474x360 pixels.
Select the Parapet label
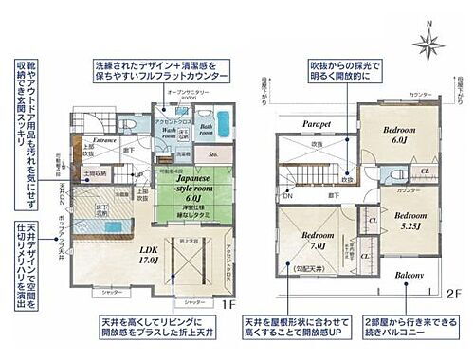coord(314,122)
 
